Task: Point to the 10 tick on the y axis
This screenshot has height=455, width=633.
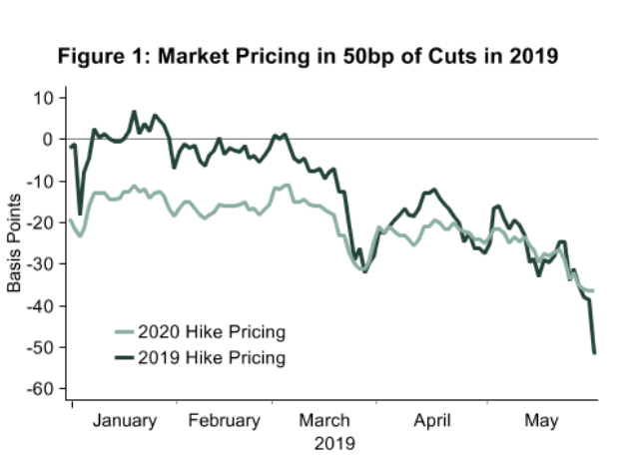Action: (45, 98)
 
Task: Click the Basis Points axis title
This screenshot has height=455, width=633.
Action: (15, 243)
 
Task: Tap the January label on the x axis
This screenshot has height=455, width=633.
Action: (125, 421)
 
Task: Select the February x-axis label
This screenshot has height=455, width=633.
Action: (224, 421)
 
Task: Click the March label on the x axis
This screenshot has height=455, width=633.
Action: (325, 421)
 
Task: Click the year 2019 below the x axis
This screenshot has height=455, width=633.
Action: (325, 440)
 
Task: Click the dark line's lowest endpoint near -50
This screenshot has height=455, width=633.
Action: (595, 352)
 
